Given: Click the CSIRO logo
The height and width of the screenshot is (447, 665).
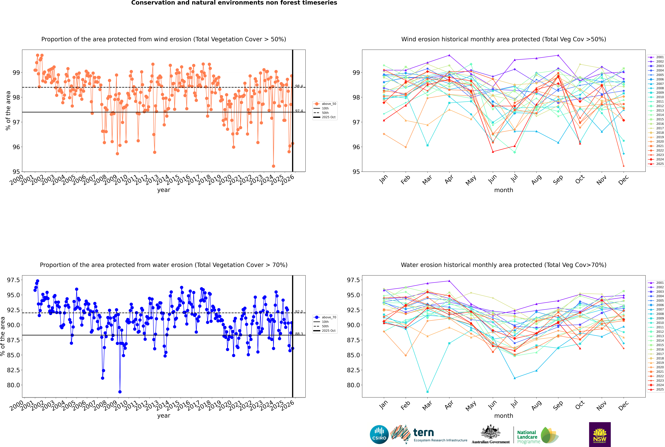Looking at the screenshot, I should (x=379, y=434).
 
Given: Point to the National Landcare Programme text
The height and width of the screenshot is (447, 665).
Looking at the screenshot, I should (x=527, y=437).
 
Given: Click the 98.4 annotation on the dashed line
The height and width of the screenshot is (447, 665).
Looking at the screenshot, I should (x=299, y=86).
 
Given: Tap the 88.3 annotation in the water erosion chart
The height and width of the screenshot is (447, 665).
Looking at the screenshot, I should (x=299, y=334).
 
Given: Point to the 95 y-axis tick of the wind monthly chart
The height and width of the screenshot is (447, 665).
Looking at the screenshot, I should (x=357, y=172).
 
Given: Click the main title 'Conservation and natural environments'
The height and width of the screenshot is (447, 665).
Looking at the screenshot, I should (x=234, y=3).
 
